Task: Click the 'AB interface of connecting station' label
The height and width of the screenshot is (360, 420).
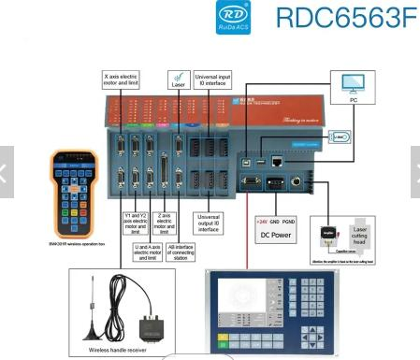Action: click(x=180, y=252)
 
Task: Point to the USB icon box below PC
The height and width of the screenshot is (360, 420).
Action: click(x=343, y=137)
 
